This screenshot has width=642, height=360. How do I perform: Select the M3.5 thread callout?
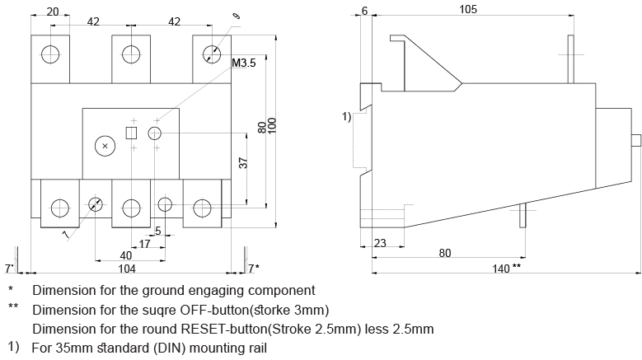(244, 63)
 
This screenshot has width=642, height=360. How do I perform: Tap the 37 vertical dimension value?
(244, 162)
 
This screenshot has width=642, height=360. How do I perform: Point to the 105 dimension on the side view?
(468, 9)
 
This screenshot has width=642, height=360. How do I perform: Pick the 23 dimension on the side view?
(381, 244)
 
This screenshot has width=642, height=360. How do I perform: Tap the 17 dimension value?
(144, 245)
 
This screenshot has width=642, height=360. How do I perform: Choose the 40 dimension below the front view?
(126, 256)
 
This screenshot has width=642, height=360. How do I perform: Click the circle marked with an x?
(104, 146)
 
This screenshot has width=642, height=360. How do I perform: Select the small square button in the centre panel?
(130, 133)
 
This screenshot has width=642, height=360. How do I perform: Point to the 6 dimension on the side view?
(365, 9)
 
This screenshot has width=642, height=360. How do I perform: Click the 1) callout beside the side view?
(347, 117)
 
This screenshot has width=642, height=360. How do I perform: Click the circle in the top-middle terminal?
(131, 54)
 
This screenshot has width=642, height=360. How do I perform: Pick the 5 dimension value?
(158, 231)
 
